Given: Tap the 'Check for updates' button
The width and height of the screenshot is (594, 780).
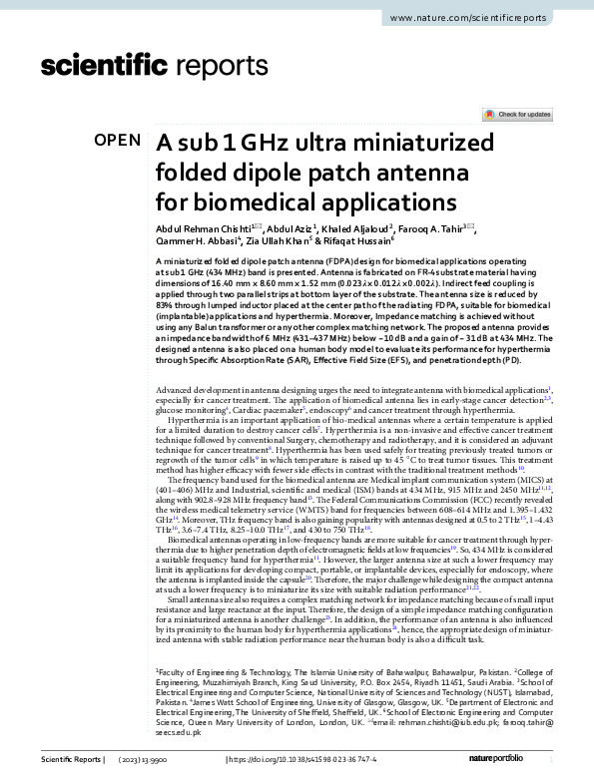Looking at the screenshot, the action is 517,115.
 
